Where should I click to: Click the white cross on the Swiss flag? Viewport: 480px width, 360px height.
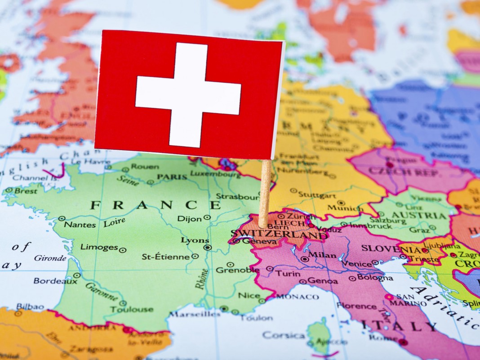click(x=188, y=95)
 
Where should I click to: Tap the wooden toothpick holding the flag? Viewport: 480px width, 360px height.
click(x=265, y=193)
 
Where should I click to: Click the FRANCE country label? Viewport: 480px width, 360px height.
click(x=156, y=205)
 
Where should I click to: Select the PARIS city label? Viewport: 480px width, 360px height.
click(x=172, y=177)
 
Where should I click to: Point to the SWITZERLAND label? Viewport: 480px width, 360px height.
click(x=278, y=234)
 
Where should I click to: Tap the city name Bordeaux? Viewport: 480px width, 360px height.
click(x=55, y=281)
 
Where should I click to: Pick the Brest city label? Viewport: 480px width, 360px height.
click(x=26, y=191)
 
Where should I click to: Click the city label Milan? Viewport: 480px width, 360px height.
click(x=322, y=255)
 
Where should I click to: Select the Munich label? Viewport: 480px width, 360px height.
click(x=345, y=208)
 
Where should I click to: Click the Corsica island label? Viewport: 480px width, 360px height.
click(x=284, y=335)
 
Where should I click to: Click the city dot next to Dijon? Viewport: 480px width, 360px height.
click(x=207, y=218)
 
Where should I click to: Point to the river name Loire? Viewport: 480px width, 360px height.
click(x=114, y=222)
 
